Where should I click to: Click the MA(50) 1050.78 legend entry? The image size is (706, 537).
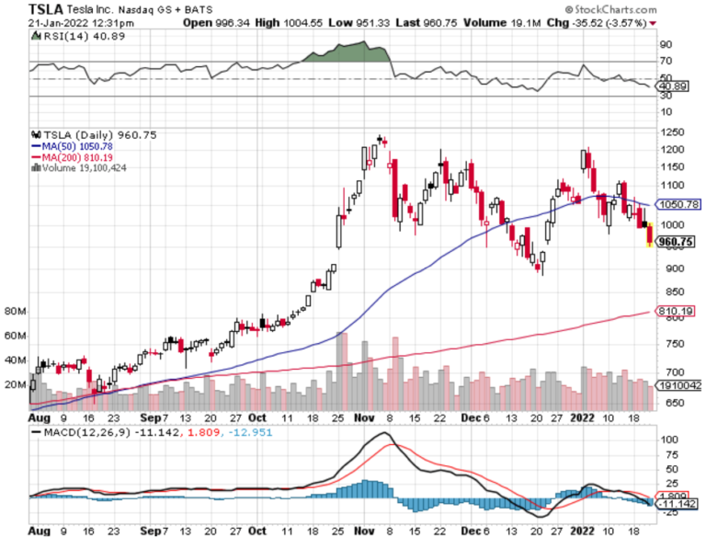click(78, 146)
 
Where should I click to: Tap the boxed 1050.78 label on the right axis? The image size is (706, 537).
click(678, 204)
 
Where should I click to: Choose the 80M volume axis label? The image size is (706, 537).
click(15, 312)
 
